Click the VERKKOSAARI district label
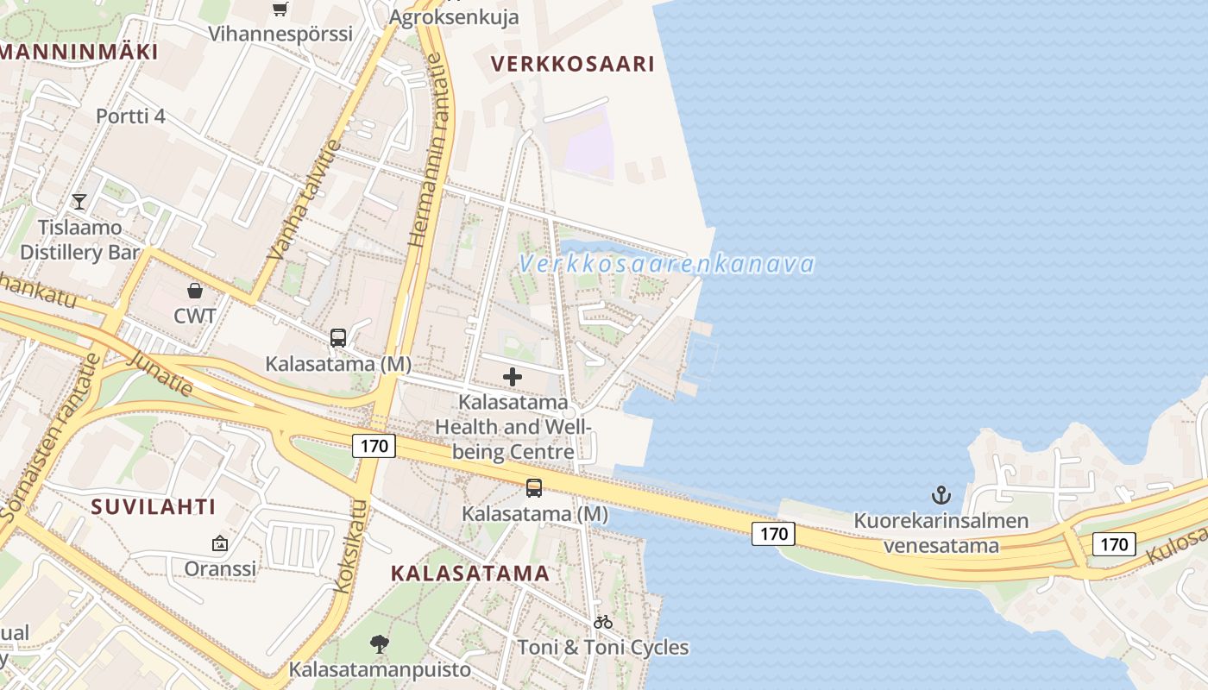coord(572,63)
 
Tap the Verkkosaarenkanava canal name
coord(667,263)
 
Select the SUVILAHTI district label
coord(154,506)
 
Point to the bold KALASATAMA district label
coord(470,573)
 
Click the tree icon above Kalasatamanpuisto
coord(378,643)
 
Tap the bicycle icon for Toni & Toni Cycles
coord(603,621)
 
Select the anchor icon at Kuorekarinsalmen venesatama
coord(941,495)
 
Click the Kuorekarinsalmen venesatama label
coord(941,533)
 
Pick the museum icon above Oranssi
coord(219,543)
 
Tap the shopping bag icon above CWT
coord(195,291)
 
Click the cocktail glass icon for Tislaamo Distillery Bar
coord(79,202)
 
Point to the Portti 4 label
coord(130,116)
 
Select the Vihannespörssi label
coord(281,34)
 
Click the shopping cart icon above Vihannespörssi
coord(280,9)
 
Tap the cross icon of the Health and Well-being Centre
coord(513,377)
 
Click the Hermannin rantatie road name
coord(429,151)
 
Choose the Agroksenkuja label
coord(455,16)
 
